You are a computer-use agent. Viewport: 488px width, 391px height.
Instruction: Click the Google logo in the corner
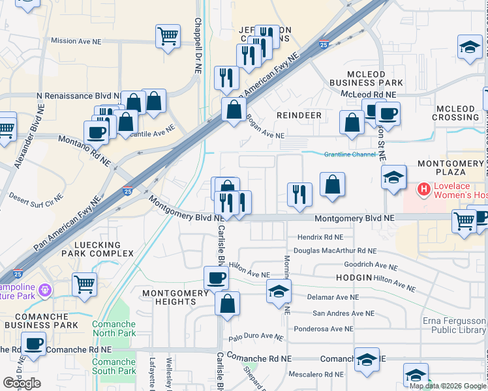click(x=22, y=383)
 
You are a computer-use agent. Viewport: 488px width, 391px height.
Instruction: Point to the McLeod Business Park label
click(x=366, y=78)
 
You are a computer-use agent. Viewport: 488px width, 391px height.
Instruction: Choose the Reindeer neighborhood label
click(x=299, y=115)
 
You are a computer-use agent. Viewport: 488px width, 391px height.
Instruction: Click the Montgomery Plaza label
click(x=451, y=167)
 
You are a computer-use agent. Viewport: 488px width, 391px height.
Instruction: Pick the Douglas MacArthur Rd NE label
click(x=335, y=251)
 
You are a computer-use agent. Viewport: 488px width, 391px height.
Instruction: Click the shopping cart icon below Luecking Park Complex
click(x=85, y=283)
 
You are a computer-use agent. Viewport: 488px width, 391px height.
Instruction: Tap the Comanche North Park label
click(x=114, y=329)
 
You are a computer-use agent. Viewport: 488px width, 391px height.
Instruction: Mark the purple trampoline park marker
click(x=45, y=289)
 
